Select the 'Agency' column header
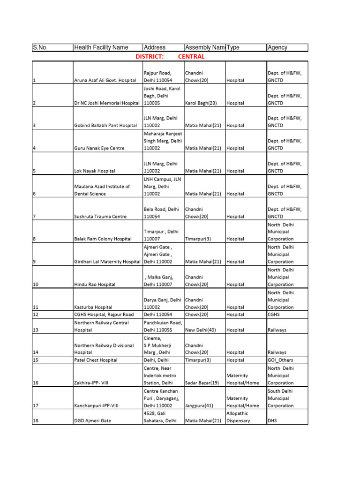pos(277,47)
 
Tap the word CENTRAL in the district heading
pos(191,57)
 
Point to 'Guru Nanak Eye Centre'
pos(99,148)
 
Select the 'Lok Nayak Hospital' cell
pos(95,171)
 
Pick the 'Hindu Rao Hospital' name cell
pos(95,285)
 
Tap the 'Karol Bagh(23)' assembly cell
pos(201,103)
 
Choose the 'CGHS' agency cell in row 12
pos(274,315)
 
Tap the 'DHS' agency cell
pos(272,421)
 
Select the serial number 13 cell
pos(35,330)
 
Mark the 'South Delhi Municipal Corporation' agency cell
pos(280,398)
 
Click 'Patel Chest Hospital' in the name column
pos(97,360)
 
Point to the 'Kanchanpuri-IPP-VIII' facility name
pos(97,405)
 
